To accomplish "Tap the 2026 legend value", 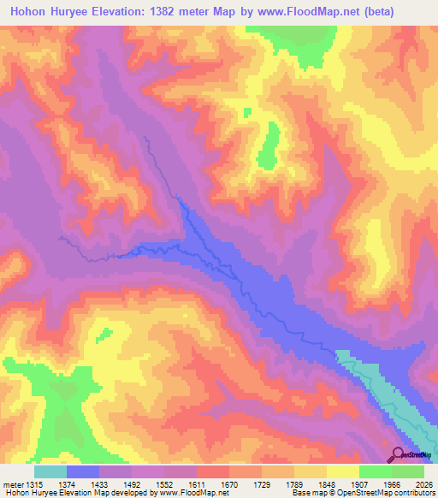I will pos(423,483).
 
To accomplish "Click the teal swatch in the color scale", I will pos(50,471).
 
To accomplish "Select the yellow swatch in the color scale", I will pos(342,471).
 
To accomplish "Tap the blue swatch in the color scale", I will pos(83,471).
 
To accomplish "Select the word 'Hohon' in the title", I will pos(28,11).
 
